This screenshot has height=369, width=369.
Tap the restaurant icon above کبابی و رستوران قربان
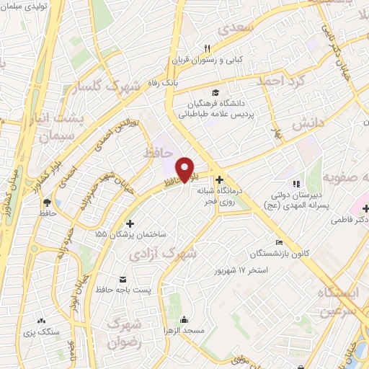207,48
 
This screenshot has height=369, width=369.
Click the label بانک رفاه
164,84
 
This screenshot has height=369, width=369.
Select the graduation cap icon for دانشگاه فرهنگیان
214,92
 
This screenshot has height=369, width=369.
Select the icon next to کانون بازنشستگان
279,242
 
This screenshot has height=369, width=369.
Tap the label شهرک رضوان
123,334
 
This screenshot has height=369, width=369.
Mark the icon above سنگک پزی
41,321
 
